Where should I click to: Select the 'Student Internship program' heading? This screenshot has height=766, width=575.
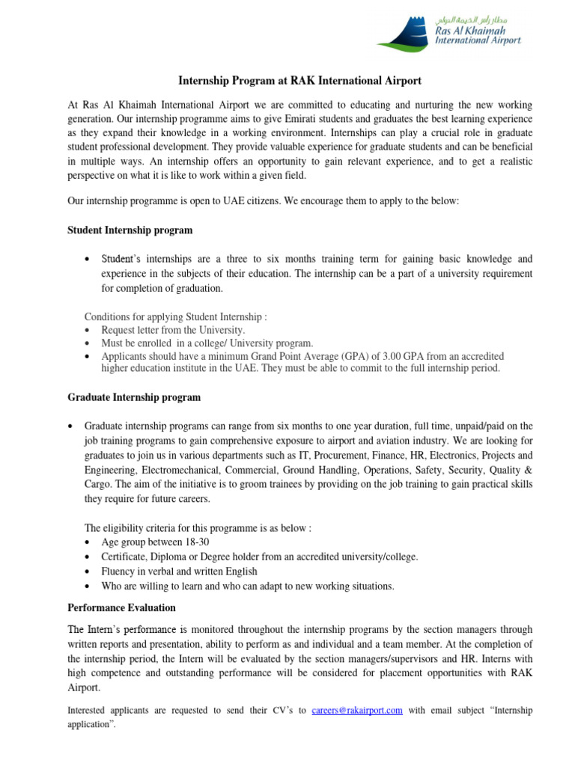[x=130, y=230]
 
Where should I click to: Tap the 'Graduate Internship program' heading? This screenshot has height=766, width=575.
[x=134, y=397]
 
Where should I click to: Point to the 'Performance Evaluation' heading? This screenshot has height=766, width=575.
[x=121, y=607]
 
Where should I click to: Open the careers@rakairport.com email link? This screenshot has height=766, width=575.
[x=356, y=711]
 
